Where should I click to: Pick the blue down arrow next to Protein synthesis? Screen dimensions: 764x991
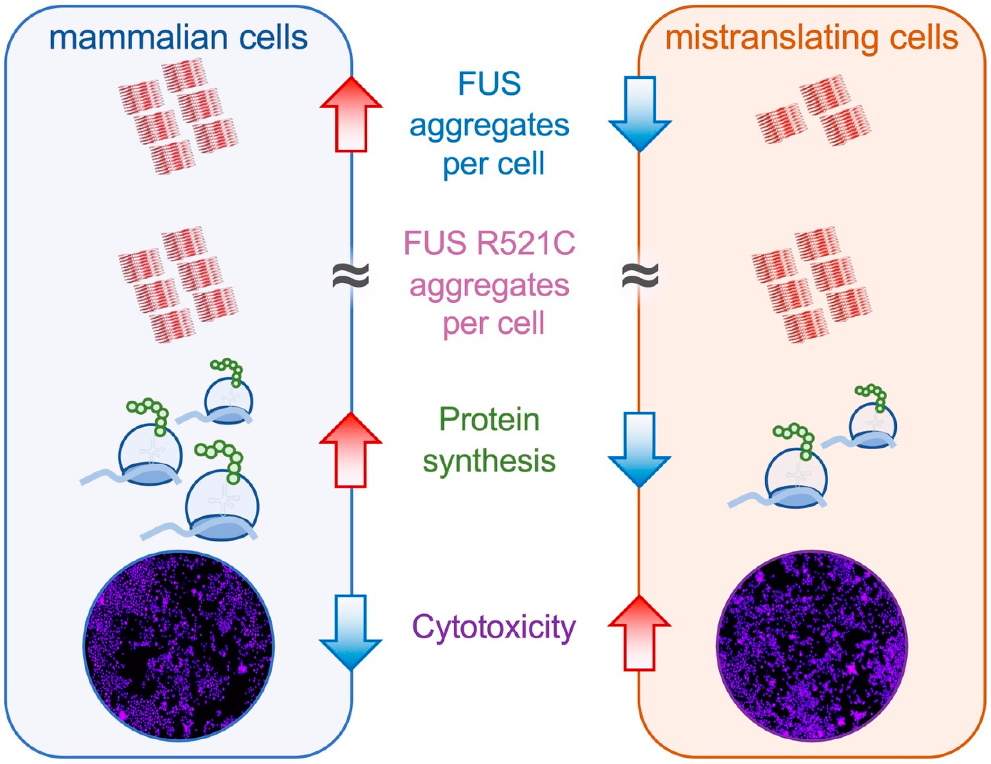639,449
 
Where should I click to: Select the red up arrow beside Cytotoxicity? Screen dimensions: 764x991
639,632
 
